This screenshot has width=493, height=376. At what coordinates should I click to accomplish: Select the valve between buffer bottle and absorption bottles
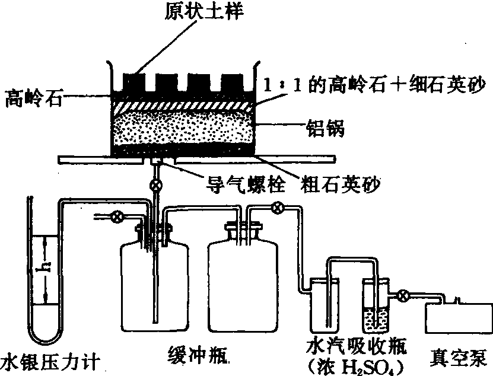(x=276, y=208)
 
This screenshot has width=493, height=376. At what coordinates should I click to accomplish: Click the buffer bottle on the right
(x=240, y=285)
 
